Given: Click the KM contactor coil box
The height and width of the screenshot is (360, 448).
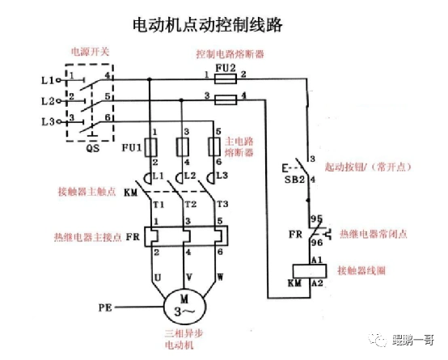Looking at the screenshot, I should click(308, 273).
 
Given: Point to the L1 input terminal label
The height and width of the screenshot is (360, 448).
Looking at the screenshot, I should click(46, 80).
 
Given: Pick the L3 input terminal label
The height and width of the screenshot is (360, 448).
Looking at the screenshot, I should click(46, 122).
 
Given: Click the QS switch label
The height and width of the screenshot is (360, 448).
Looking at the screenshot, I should click(92, 149).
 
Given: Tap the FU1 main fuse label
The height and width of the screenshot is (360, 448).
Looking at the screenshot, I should click(132, 148).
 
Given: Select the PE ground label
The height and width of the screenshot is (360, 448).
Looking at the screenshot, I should click(104, 307).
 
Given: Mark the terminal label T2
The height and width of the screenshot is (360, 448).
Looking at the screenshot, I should click(191, 204).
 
